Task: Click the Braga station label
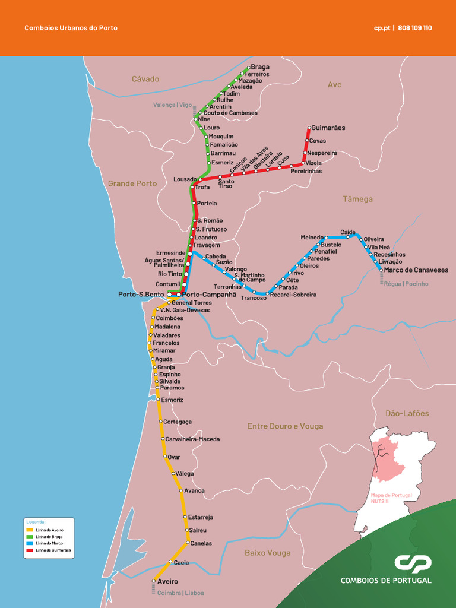(260, 67)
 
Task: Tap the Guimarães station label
(328, 128)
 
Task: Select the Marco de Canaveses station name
(416, 270)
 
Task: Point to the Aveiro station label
(167, 582)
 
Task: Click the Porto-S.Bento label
(141, 294)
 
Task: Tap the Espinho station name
(170, 375)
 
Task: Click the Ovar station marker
(165, 457)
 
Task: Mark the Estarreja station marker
(185, 517)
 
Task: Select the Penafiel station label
(325, 252)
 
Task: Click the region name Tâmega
(358, 199)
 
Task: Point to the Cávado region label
(145, 79)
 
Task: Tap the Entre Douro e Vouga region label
(286, 426)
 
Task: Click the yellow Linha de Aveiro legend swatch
(30, 530)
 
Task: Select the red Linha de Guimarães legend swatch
(30, 550)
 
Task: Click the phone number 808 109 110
(415, 28)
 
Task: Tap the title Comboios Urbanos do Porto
(71, 28)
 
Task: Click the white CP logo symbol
(413, 563)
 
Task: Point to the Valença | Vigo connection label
(172, 104)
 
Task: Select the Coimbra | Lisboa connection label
(180, 593)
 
